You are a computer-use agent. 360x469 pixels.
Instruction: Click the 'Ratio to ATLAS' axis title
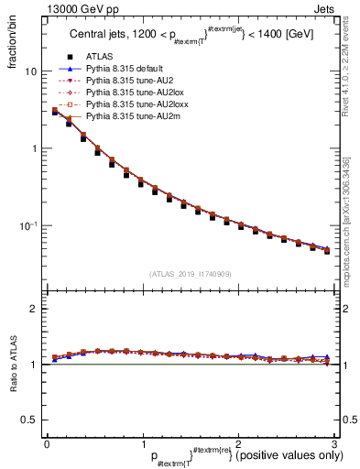click(x=11, y=363)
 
